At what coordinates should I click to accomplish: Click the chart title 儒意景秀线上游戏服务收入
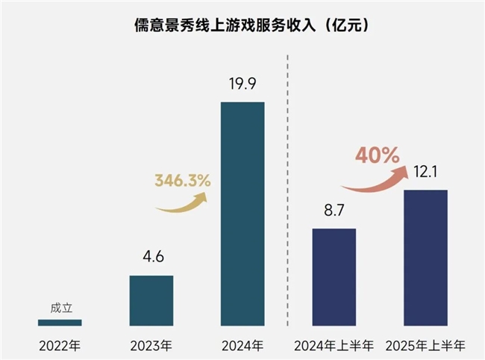242,25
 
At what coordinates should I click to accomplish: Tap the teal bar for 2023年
151,300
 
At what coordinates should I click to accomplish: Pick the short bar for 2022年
60,323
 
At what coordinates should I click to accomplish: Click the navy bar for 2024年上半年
334,277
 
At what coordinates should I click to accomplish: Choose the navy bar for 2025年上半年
425,258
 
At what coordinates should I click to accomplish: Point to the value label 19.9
242,86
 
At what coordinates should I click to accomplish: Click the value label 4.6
151,260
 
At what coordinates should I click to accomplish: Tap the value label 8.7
334,213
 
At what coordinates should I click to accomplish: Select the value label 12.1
425,174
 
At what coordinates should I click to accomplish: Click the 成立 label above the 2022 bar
60,308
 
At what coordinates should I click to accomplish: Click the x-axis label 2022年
60,346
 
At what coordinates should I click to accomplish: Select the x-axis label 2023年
151,346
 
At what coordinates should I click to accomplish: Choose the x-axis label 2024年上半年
334,346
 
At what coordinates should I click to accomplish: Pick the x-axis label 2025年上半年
425,346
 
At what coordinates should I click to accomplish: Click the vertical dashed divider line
289,224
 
